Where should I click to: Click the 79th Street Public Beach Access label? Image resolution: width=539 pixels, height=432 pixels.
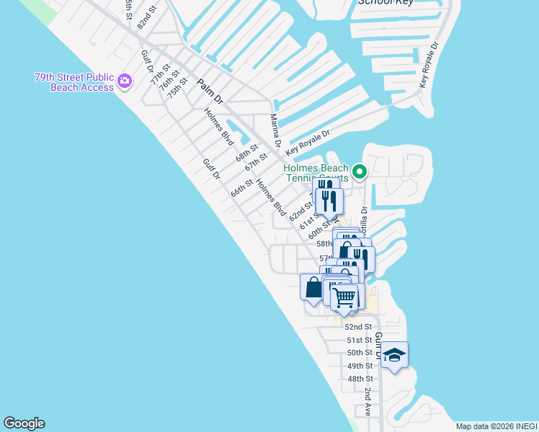pyautogui.click(x=73, y=82)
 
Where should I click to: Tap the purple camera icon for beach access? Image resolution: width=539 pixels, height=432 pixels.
pyautogui.click(x=125, y=81)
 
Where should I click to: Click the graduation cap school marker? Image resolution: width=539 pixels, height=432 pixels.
pyautogui.click(x=394, y=355)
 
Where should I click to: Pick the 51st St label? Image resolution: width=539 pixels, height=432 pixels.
pyautogui.click(x=359, y=340)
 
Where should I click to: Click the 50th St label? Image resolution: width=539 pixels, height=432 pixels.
pyautogui.click(x=360, y=353)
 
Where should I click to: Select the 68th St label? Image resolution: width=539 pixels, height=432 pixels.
pyautogui.click(x=246, y=155)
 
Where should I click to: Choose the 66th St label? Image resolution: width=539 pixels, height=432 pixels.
pyautogui.click(x=241, y=189)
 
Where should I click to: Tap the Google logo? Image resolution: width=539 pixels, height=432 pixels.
pyautogui.click(x=24, y=423)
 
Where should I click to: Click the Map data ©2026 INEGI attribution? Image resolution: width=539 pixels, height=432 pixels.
pyautogui.click(x=496, y=426)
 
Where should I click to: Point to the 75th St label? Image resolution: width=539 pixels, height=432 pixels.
pyautogui.click(x=177, y=88)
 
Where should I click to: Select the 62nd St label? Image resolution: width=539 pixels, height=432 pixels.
pyautogui.click(x=300, y=212)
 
